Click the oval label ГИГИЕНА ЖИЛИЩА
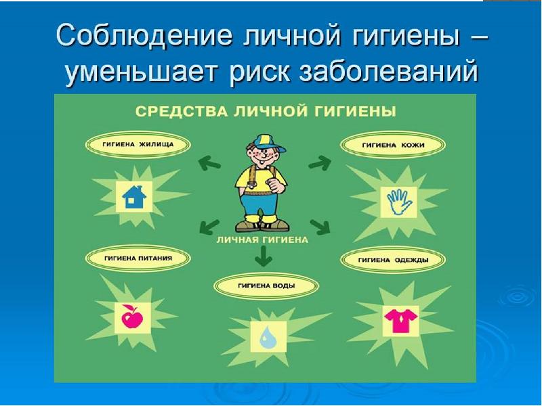click(x=138, y=144)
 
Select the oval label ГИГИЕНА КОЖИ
click(x=393, y=144)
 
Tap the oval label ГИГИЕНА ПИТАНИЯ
click(x=138, y=258)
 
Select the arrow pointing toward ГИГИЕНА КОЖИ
click(x=319, y=162)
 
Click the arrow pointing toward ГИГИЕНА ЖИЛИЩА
click(x=208, y=162)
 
